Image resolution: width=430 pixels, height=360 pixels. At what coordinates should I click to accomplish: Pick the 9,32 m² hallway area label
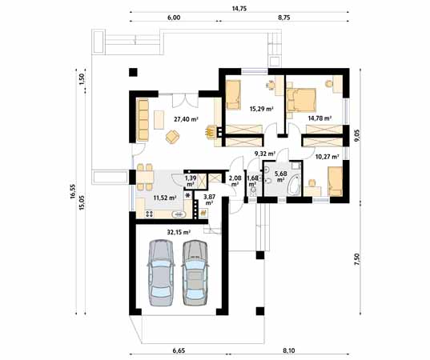[265, 154]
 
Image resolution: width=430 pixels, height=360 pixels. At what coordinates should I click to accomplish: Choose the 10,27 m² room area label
[328, 158]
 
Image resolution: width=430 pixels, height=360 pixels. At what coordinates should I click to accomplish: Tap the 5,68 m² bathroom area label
[282, 177]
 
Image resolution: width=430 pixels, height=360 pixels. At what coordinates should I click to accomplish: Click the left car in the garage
[160, 274]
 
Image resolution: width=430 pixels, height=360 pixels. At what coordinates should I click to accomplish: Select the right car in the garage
[195, 274]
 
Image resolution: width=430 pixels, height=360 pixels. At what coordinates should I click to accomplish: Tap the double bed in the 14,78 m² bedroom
[303, 99]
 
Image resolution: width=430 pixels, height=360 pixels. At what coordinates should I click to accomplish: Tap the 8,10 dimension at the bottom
[287, 349]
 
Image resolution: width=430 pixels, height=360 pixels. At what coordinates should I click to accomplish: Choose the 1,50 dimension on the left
[82, 80]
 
